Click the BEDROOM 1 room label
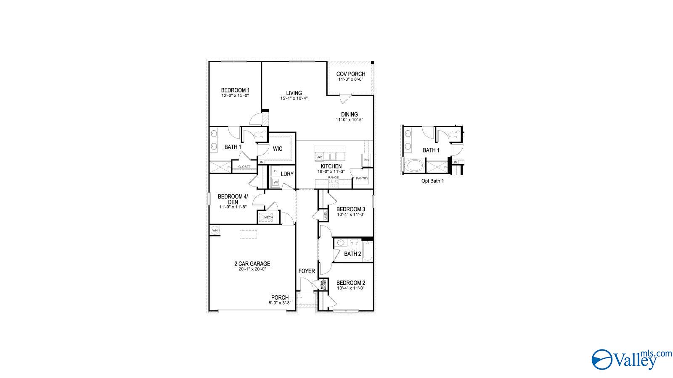pos(235,90)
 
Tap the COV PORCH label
pos(350,74)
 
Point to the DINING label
pos(349,114)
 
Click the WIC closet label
pos(278,149)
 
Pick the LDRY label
pos(287,174)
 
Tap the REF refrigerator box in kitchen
pos(366,160)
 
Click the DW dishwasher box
pos(319,157)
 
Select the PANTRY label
pos(362,178)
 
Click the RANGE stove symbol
pos(334,183)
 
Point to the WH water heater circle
pos(215,230)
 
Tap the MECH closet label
pos(268,217)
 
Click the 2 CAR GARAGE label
pos(252,264)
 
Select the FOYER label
pos(307,271)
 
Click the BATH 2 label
pos(352,254)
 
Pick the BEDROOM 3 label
pos(350,209)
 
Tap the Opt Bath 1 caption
pos(432,181)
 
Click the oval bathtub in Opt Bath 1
pos(414,165)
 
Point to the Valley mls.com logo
pos(631,359)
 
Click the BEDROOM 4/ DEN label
pos(233,199)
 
